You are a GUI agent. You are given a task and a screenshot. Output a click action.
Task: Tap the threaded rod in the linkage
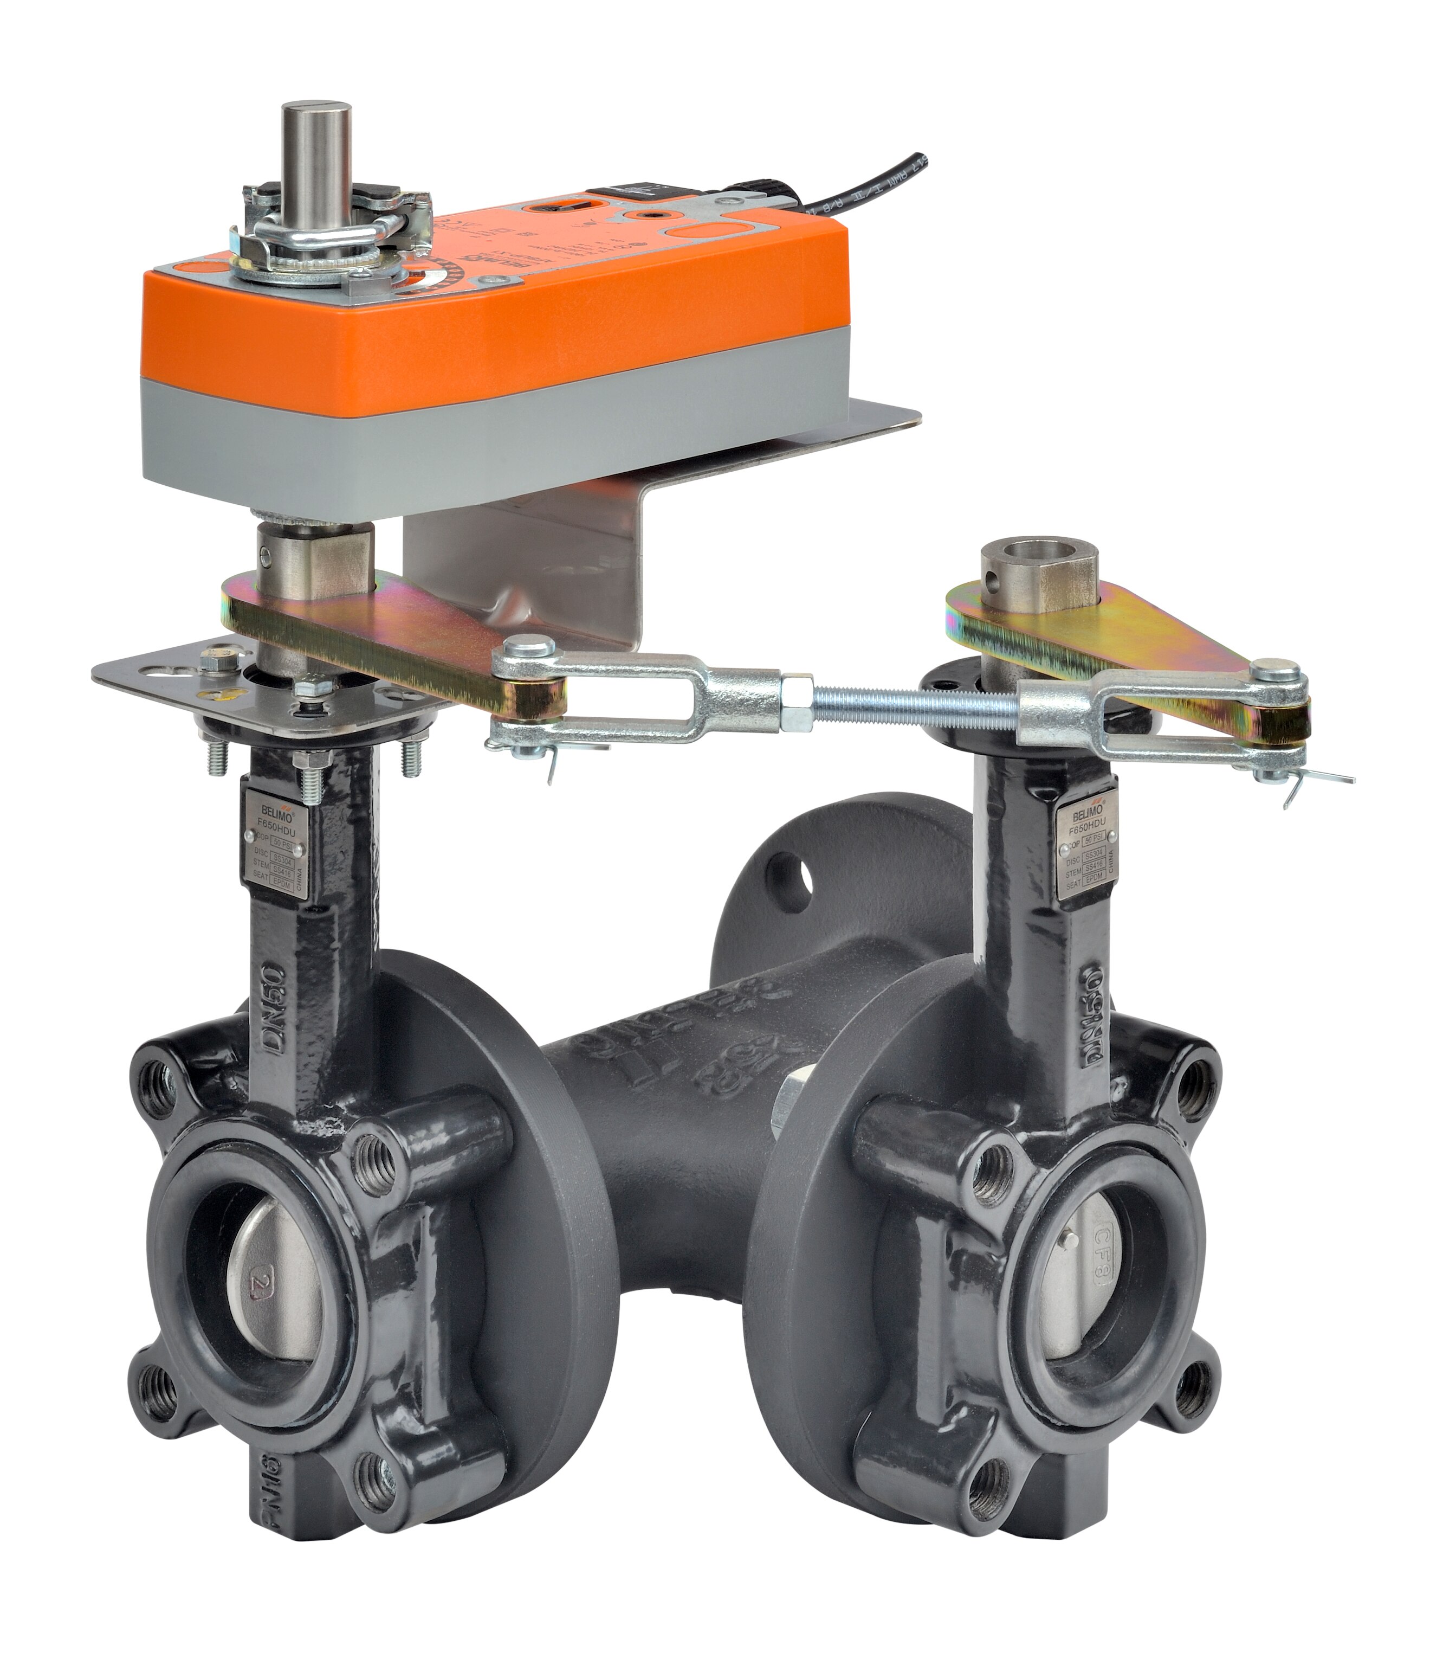click(x=910, y=702)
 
